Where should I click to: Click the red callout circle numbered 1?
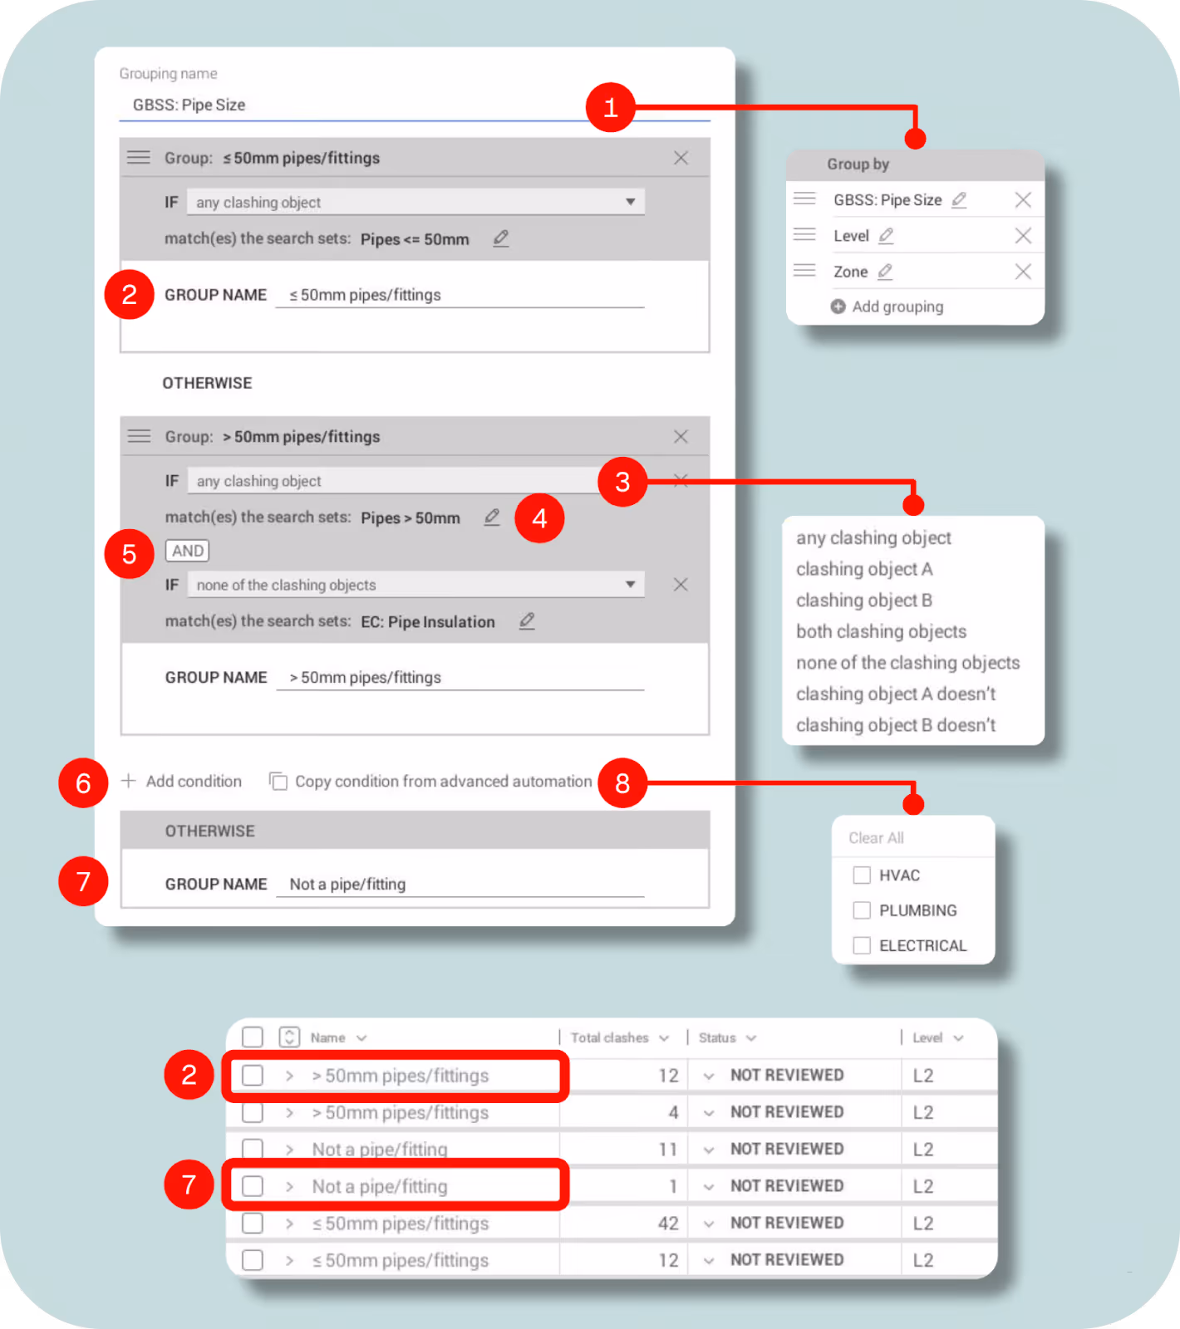point(611,107)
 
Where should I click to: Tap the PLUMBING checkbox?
point(862,910)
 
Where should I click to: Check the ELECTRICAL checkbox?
point(862,945)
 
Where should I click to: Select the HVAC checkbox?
point(862,875)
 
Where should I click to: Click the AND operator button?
point(188,551)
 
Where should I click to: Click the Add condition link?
point(183,782)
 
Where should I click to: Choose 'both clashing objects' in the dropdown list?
point(881,631)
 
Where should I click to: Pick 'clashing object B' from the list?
point(863,601)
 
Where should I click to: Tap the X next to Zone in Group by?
point(1023,272)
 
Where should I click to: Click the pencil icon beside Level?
point(886,236)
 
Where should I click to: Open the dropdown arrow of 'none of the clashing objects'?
point(630,585)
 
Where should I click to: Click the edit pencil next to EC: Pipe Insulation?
point(527,621)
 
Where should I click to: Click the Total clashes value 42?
point(668,1224)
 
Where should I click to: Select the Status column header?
point(718,1038)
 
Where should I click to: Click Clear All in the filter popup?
point(876,838)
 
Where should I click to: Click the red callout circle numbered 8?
point(622,782)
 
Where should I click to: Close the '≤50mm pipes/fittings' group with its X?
point(681,158)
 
